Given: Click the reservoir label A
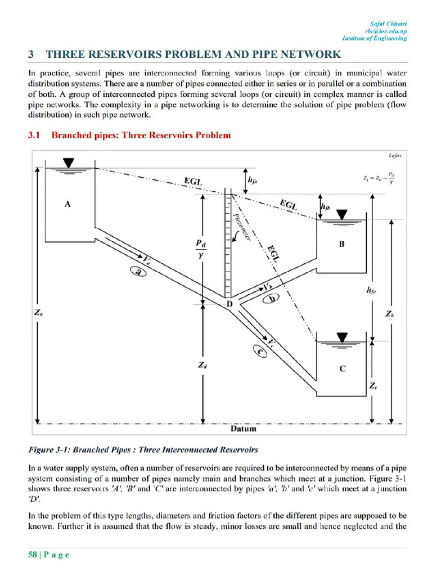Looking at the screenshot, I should point(67,205).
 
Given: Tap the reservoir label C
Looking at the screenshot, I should point(342,369).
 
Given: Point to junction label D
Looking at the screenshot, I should point(229,304).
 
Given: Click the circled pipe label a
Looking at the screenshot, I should point(137,272).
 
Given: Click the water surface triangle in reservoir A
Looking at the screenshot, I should point(69,163).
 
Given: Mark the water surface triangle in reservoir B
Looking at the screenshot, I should point(342,214).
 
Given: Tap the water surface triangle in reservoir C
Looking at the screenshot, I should point(341,336).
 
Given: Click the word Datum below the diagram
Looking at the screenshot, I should point(244,429).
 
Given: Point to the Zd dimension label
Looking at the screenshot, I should point(202,365).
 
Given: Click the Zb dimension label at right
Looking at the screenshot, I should point(389,314).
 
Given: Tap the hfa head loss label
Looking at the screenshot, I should point(253,181).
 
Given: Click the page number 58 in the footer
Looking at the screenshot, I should point(33,555).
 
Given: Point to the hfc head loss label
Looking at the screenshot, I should point(371,290).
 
